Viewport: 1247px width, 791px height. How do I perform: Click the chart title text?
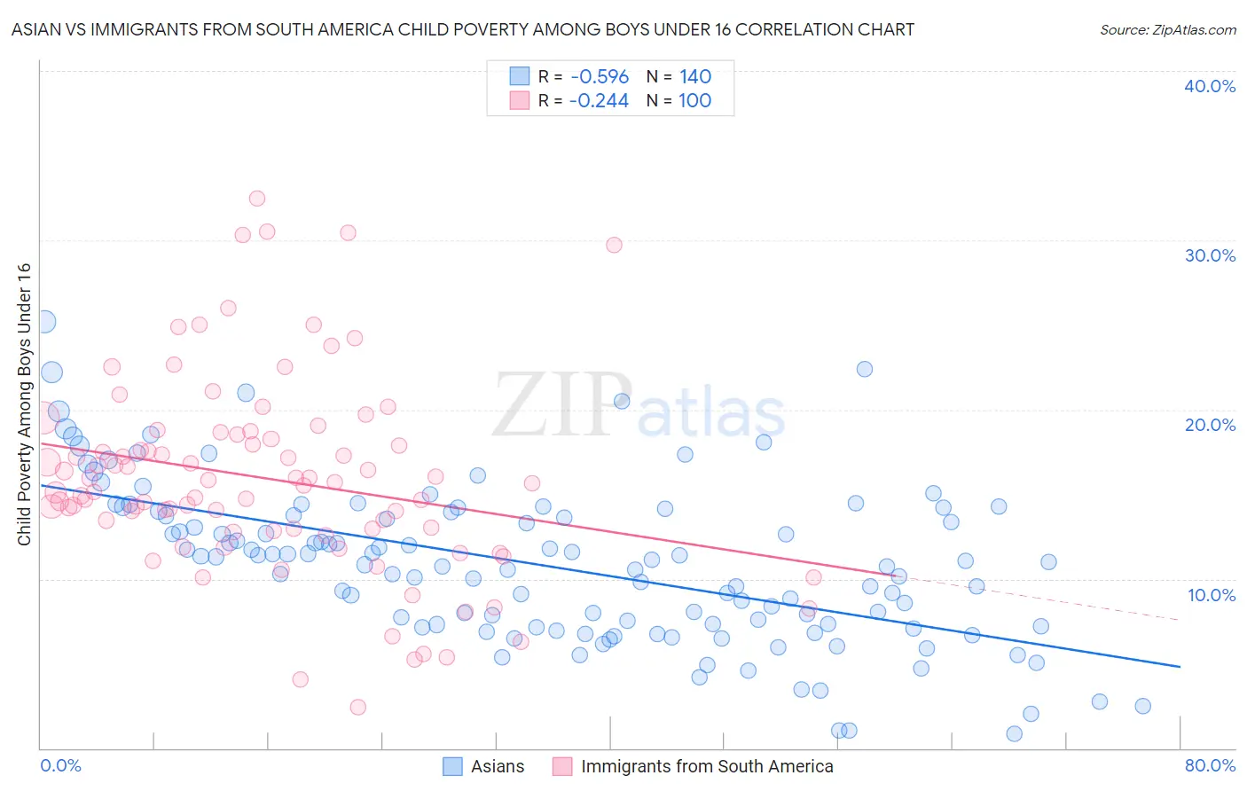462,29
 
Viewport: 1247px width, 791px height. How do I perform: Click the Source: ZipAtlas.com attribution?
1167,29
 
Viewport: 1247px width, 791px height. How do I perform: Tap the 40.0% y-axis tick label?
1210,86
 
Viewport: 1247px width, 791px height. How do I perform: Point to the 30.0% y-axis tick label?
1210,255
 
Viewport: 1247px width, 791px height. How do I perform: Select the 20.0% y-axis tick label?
1210,425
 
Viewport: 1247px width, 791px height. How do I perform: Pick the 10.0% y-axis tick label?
1210,595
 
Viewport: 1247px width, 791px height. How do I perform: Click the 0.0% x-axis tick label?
61,765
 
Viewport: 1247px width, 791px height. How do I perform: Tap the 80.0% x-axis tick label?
1210,765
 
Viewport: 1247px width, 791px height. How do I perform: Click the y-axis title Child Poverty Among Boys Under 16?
24,404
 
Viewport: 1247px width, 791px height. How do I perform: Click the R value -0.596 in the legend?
600,77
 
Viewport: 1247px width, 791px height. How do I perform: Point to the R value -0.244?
600,101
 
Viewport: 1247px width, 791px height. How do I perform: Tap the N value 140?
695,77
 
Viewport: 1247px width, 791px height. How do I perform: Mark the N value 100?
695,101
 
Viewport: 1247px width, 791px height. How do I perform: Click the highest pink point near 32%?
257,199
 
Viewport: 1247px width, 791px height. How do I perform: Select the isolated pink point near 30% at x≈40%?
614,245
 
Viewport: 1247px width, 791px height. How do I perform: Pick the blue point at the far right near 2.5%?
1142,706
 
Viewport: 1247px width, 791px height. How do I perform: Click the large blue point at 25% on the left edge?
43,322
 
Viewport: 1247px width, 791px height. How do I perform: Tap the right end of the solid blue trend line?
1180,666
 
